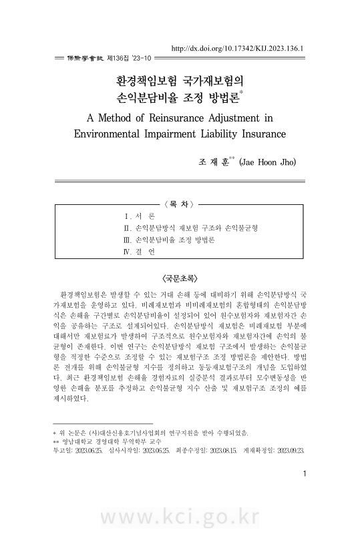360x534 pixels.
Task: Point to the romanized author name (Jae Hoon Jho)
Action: (267, 162)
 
